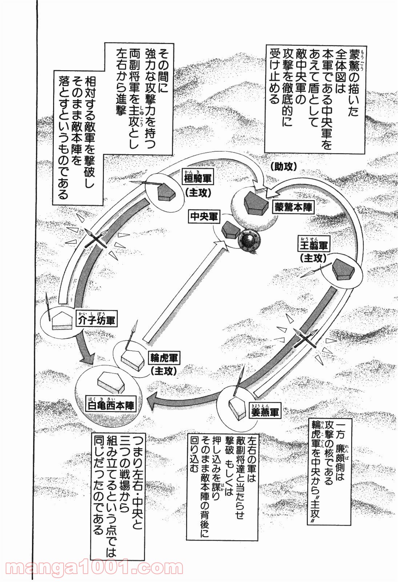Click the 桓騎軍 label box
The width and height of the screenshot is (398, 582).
[198, 179]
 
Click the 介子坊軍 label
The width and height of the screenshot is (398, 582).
[97, 321]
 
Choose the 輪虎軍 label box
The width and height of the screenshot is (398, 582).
[164, 358]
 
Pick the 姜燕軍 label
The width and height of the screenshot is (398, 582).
[265, 412]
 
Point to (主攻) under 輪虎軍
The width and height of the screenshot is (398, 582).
[164, 371]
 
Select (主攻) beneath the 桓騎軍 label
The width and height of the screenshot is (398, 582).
[198, 192]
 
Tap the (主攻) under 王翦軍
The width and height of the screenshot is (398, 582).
[313, 258]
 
